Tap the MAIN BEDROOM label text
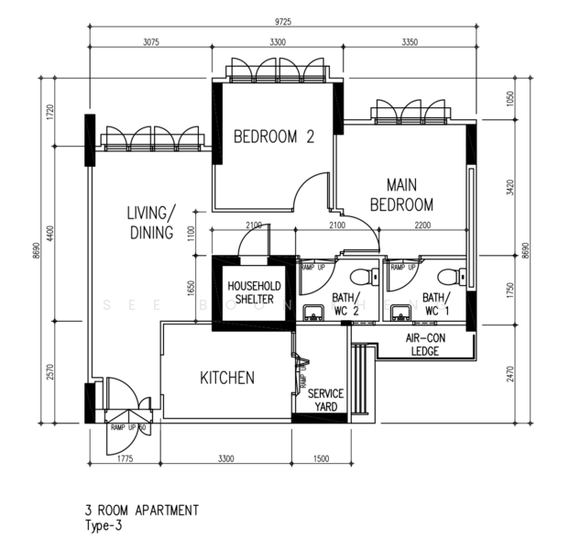click(401, 194)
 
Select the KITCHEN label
click(226, 378)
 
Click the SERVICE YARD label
click(321, 400)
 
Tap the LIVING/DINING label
click(151, 223)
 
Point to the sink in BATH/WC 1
click(399, 314)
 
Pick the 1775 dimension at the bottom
click(126, 458)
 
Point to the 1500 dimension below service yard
click(320, 458)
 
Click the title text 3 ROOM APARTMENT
click(139, 510)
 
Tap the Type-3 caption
click(102, 525)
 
